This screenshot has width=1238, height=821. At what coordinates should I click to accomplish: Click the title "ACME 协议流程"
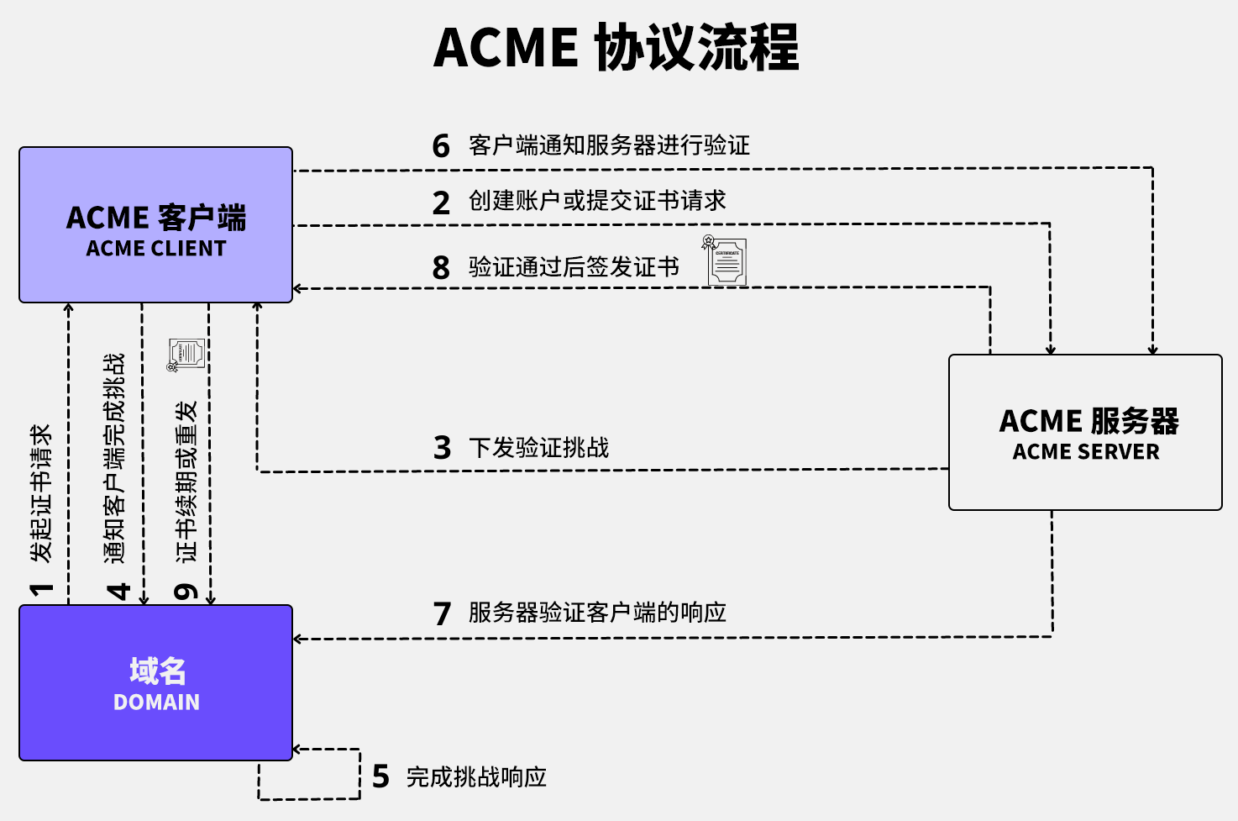point(616,47)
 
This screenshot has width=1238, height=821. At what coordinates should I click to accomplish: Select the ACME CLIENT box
point(156,225)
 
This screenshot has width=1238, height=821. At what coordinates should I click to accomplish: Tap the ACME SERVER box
point(1085,432)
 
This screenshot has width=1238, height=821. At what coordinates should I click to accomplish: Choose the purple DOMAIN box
point(156,682)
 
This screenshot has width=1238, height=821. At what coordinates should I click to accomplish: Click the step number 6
point(441,146)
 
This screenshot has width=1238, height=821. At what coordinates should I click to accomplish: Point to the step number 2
point(441,203)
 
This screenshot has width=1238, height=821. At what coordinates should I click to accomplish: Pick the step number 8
point(441,268)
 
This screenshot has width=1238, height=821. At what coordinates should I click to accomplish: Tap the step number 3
point(442,448)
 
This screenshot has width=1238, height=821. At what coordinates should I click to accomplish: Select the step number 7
point(442,613)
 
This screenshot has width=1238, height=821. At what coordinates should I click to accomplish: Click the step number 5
point(380,777)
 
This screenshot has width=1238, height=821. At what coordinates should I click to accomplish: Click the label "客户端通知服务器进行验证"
point(609,145)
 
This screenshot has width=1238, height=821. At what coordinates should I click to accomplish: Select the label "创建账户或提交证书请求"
point(597,201)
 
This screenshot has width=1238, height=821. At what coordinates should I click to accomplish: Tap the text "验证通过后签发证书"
point(574,267)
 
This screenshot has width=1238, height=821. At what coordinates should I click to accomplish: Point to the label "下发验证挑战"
point(538,447)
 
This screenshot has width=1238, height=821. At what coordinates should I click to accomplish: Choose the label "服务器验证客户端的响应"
point(597,613)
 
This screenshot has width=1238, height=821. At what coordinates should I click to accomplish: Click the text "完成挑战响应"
point(476,776)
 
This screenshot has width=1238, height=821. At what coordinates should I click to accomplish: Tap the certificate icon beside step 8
point(725,261)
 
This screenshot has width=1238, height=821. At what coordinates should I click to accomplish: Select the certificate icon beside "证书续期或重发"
point(186,355)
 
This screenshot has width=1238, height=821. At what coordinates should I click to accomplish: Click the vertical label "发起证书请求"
point(41,493)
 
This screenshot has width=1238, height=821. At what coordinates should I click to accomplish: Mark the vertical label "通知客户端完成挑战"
point(114,458)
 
